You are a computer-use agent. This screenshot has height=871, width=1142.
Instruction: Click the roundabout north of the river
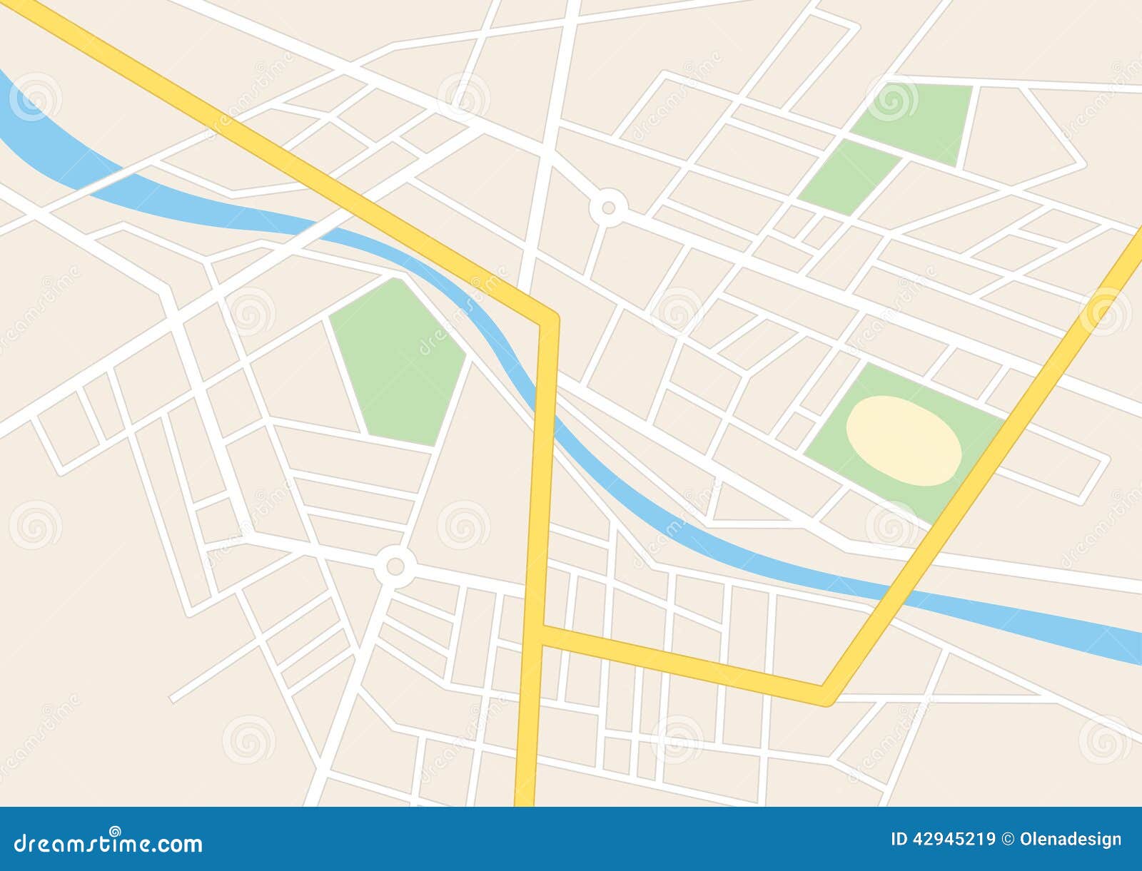click(608, 208)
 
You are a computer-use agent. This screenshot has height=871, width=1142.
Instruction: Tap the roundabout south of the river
click(394, 567)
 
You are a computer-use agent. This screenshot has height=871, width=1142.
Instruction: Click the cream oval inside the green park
click(904, 442)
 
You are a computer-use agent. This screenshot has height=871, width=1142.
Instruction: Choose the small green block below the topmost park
click(848, 178)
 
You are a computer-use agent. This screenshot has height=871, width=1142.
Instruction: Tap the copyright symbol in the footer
click(1009, 840)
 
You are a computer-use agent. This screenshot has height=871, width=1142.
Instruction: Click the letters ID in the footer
click(899, 840)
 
